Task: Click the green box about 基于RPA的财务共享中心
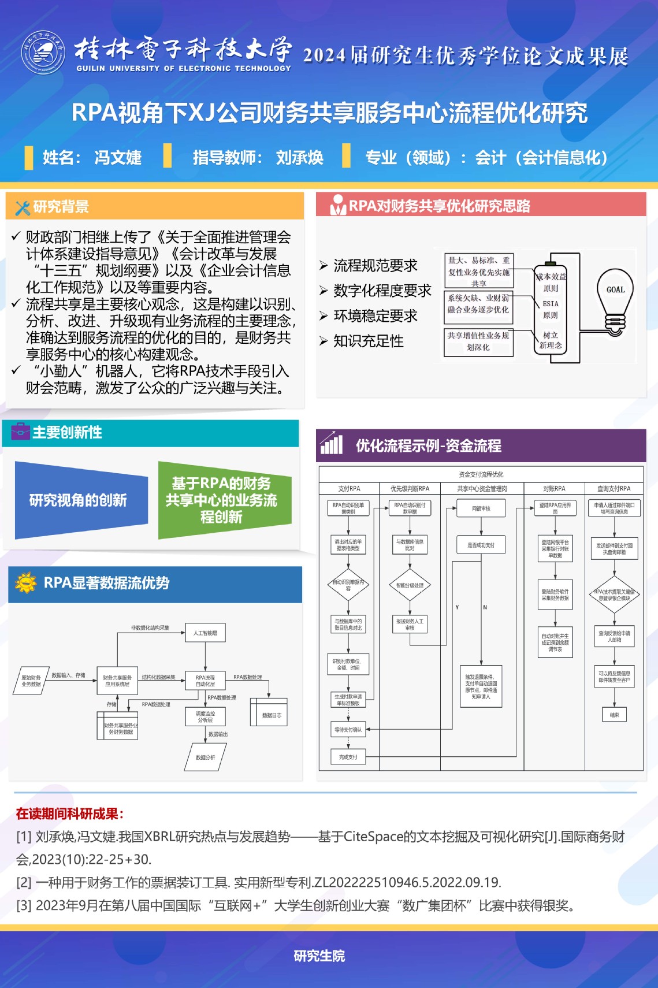pyautogui.click(x=222, y=500)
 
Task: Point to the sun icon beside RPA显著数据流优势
pyautogui.click(x=25, y=583)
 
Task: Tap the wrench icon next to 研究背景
pyautogui.click(x=23, y=207)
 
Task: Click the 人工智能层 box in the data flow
pyautogui.click(x=205, y=633)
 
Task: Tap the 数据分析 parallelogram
pyautogui.click(x=205, y=757)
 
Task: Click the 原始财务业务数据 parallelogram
pyautogui.click(x=31, y=681)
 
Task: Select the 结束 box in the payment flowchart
pyautogui.click(x=614, y=715)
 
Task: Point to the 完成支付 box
pyautogui.click(x=348, y=757)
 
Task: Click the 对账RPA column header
pyautogui.click(x=554, y=488)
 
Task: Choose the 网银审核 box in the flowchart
pyautogui.click(x=481, y=508)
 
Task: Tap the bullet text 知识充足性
pyautogui.click(x=368, y=341)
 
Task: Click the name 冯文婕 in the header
pyautogui.click(x=118, y=157)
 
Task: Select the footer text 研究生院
pyautogui.click(x=319, y=956)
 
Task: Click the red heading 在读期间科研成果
pyautogui.click(x=69, y=814)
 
